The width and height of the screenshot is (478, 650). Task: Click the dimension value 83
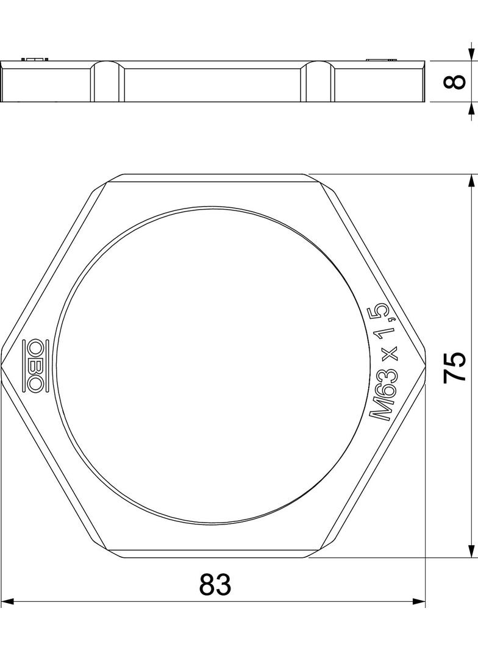[x=215, y=584]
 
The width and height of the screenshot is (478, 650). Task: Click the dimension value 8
[x=455, y=81]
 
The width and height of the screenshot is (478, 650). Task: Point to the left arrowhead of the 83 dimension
[x=9, y=601]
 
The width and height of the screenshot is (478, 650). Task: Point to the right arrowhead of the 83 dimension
[x=418, y=601]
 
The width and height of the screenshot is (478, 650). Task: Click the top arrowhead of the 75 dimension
[x=471, y=182]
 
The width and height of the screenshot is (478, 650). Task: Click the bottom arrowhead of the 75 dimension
[x=471, y=550]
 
